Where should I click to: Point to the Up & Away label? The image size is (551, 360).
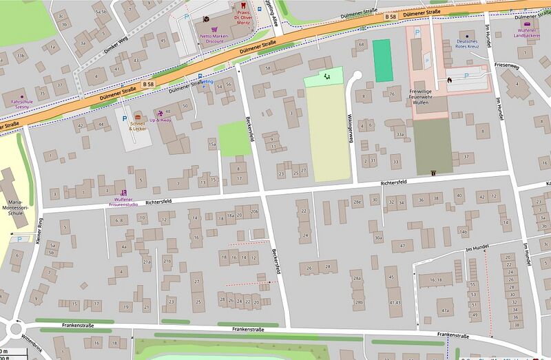tap(160, 120)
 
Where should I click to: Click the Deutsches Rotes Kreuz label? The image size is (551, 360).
tap(468, 45)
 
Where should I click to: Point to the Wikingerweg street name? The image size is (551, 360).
tap(351, 127)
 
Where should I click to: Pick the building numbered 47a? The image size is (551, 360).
tap(444, 310)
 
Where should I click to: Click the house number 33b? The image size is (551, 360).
tap(21, 55)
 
